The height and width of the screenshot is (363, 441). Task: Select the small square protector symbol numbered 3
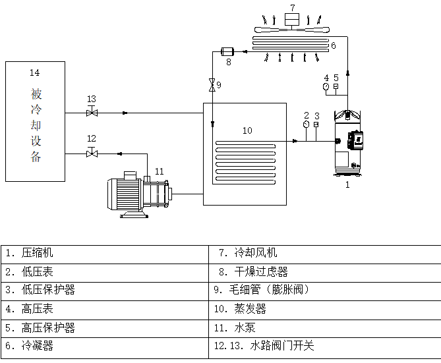point(317,125)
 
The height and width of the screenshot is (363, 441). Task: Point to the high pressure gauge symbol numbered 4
point(326,86)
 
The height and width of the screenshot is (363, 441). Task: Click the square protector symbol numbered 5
point(336,86)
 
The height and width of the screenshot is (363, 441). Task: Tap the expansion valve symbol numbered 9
point(212,85)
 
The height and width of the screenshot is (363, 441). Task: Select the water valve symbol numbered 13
point(92,113)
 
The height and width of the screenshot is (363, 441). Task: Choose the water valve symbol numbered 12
point(92,154)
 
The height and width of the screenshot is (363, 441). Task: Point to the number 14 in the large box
point(35,71)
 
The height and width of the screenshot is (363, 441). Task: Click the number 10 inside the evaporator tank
point(247,130)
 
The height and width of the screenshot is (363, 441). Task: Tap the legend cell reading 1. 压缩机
point(105,253)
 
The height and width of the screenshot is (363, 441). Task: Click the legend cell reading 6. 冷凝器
point(105,345)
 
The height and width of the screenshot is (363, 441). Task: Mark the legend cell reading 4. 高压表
point(105,308)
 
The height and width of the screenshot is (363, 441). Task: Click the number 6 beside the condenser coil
point(334,45)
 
